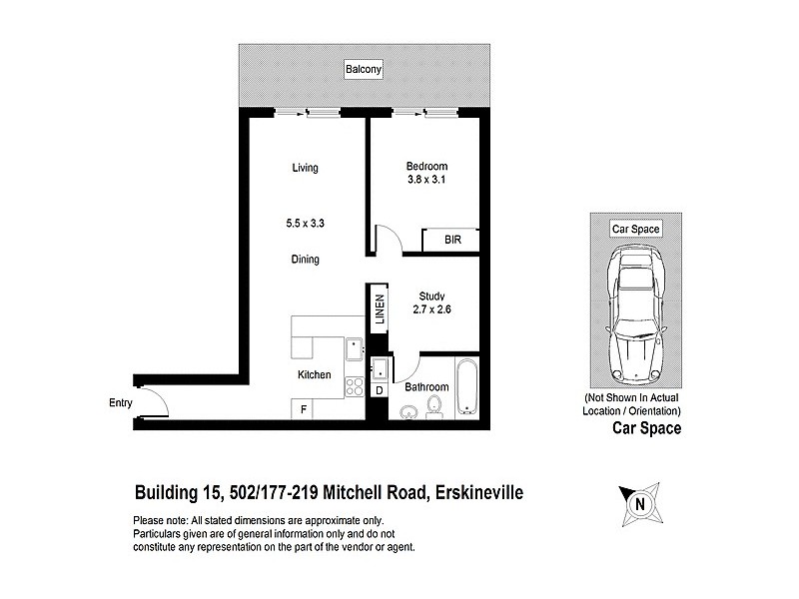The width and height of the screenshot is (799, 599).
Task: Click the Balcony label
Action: point(364,70)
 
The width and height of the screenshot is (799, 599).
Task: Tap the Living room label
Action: point(305,168)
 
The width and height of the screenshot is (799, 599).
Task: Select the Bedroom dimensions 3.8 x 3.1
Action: point(426,180)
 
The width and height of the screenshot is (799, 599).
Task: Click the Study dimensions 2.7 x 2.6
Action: point(431,309)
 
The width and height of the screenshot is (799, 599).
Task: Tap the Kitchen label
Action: point(314,375)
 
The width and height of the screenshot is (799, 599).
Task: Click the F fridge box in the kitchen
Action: point(304,408)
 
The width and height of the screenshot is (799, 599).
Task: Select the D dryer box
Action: point(380,390)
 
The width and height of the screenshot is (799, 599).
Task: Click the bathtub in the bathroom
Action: point(466,388)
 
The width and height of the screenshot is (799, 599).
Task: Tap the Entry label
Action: point(121,403)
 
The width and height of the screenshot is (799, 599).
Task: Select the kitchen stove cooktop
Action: point(354,386)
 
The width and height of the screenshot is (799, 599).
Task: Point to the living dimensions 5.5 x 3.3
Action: point(306,225)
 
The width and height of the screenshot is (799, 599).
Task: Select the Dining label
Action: point(305,260)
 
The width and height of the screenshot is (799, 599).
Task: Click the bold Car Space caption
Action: point(645,429)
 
